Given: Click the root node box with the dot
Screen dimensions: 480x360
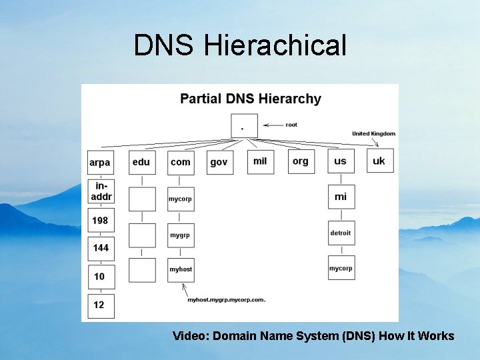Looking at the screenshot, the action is [244, 126].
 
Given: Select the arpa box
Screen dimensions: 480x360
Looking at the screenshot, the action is [100, 163].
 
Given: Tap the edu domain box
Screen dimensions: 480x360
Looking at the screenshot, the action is [141, 163].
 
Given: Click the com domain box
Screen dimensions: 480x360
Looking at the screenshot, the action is [181, 163].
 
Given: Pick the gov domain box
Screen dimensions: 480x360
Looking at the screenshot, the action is [219, 163].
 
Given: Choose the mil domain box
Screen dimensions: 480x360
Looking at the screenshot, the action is [260, 161].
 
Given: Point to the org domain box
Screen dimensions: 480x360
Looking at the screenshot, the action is [301, 161].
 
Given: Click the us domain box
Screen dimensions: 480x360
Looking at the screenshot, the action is [341, 161].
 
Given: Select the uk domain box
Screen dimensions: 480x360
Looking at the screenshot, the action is [379, 161].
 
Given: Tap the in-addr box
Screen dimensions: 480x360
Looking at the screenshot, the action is [101, 191].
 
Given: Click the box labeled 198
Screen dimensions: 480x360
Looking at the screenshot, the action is [101, 221].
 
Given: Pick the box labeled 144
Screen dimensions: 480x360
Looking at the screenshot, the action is [101, 248].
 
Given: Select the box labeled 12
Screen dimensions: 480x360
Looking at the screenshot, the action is [101, 305].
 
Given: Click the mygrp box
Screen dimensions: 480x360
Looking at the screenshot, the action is [181, 235].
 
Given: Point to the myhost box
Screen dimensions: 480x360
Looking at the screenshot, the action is [181, 269].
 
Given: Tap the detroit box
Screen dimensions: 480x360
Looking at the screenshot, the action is [341, 233].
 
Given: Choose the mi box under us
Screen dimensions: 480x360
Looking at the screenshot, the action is [341, 197].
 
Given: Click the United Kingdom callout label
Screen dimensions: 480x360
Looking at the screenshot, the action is [373, 134].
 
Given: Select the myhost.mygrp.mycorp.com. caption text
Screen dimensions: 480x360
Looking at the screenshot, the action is [226, 300].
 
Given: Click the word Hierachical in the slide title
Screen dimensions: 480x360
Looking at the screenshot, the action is [275, 46].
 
